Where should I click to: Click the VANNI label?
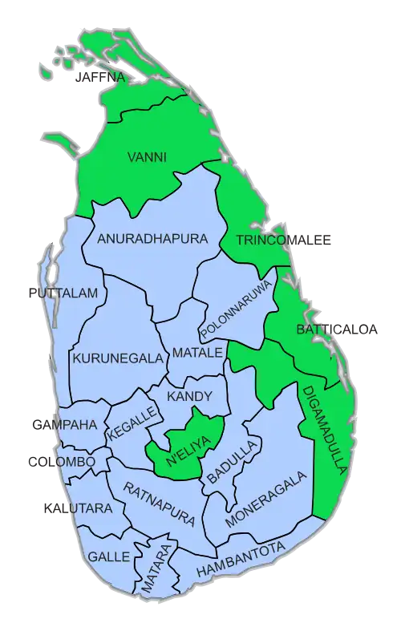point(147,157)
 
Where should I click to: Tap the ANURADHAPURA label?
point(152,239)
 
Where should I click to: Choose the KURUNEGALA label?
point(118,358)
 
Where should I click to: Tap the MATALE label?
point(196,353)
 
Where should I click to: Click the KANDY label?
point(189,396)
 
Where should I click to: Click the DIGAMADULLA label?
point(323,428)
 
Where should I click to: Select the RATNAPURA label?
point(159,504)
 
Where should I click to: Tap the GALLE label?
point(104,556)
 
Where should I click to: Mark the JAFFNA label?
point(99,78)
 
